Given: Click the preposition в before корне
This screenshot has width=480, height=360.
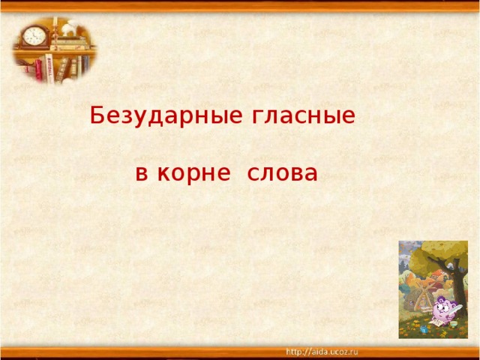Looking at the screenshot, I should (142, 175).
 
